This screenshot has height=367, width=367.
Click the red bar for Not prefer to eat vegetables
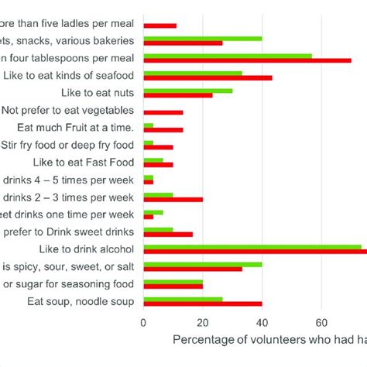tap(163, 112)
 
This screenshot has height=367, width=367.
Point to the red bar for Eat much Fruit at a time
tap(163, 130)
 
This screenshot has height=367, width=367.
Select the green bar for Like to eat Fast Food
tap(153, 159)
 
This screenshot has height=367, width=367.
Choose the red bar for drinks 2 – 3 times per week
tap(173, 199)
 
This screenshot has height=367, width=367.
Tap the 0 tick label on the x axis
tap(143, 322)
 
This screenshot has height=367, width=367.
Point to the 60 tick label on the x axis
tap(321, 322)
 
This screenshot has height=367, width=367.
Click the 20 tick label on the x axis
tap(203, 322)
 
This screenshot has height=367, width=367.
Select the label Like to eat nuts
tap(99, 93)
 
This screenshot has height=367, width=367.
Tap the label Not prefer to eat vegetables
tap(69, 111)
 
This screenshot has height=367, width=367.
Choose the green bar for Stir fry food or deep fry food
tap(149, 142)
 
